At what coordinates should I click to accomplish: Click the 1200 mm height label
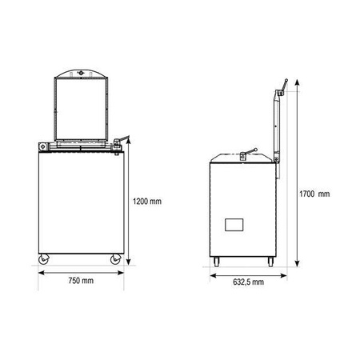tap(147, 202)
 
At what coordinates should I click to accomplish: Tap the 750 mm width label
tap(81, 281)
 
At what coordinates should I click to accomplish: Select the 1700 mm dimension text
tap(314, 194)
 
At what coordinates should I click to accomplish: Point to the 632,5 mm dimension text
tap(249, 282)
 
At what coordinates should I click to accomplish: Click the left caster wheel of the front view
tap(44, 259)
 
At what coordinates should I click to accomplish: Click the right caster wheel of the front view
tap(116, 259)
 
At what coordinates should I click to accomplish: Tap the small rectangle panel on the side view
tap(234, 225)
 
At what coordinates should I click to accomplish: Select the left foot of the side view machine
tap(216, 262)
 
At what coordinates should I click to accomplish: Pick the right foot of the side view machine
tap(270, 262)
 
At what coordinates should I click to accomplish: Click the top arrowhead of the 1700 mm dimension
tap(298, 82)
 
